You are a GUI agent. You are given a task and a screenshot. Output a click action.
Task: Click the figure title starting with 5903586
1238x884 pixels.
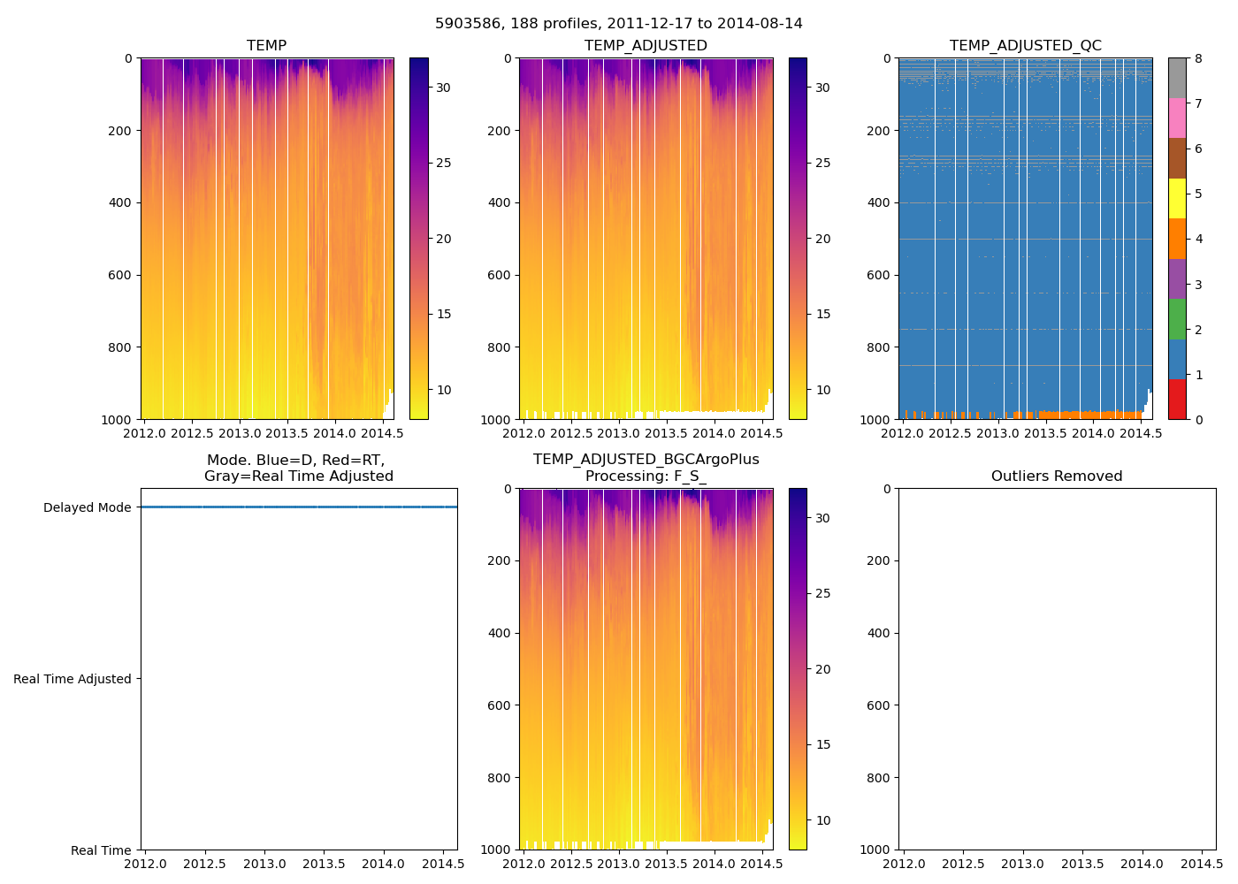[x=619, y=24]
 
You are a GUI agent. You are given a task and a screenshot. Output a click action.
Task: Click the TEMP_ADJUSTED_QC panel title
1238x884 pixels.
[x=1025, y=46]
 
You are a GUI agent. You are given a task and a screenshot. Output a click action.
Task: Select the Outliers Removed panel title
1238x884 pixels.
[x=1057, y=476]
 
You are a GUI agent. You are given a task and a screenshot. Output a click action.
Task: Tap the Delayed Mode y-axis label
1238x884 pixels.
[x=87, y=507]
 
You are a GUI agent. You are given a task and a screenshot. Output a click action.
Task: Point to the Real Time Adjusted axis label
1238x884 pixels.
[x=73, y=679]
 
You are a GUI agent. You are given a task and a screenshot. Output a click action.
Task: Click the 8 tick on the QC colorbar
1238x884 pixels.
[x=1198, y=58]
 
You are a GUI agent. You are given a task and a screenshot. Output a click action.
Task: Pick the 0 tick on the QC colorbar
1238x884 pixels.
[x=1198, y=419]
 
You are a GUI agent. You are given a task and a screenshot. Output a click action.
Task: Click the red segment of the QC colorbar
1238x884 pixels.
[x=1177, y=400]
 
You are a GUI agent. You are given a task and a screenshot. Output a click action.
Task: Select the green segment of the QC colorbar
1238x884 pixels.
[x=1177, y=319]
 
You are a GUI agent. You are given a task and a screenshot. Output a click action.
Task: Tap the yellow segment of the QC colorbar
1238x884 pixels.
[x=1177, y=199]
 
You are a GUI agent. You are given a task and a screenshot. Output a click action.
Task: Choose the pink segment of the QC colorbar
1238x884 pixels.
[x=1177, y=118]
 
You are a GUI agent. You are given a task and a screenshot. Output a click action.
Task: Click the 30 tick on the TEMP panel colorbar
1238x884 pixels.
[x=443, y=88]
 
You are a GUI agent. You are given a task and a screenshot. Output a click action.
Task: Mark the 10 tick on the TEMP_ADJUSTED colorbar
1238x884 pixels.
[x=822, y=390]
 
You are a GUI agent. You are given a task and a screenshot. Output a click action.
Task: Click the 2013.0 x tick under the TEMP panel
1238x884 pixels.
[x=240, y=433]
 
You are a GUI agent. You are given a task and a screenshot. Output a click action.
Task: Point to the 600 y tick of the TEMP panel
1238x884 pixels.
[x=122, y=275]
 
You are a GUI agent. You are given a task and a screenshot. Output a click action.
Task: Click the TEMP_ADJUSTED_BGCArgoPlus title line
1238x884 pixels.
[x=646, y=460]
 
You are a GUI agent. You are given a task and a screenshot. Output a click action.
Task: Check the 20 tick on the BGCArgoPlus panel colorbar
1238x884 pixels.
[x=822, y=669]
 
